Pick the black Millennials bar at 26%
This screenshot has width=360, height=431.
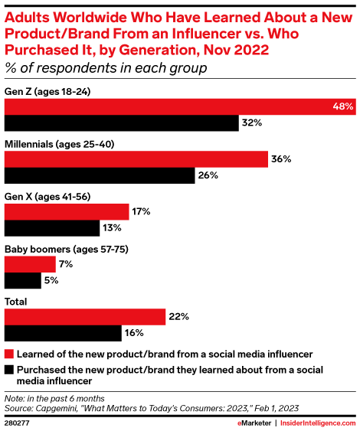[x=100, y=175]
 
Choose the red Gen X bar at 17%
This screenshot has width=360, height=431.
[x=67, y=212]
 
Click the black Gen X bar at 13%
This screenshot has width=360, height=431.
[x=52, y=228]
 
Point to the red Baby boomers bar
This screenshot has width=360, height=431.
[x=31, y=265]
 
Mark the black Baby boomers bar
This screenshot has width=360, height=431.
[x=22, y=281]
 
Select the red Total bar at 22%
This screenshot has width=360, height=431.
[x=85, y=317]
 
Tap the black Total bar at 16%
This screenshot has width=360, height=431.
[x=64, y=334]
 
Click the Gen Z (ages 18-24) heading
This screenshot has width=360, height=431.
[x=48, y=91]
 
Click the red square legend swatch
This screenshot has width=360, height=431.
[x=9, y=354]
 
